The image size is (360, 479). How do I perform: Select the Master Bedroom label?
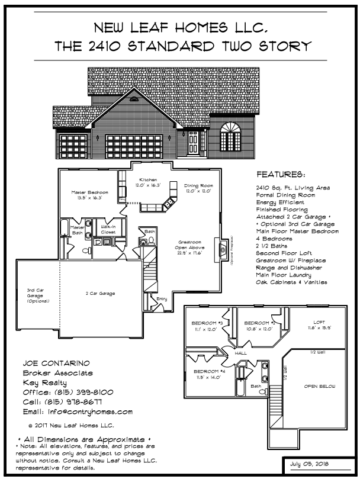[90, 193]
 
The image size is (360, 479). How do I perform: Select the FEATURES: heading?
[281, 175]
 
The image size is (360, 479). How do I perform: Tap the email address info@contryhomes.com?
[78, 412]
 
